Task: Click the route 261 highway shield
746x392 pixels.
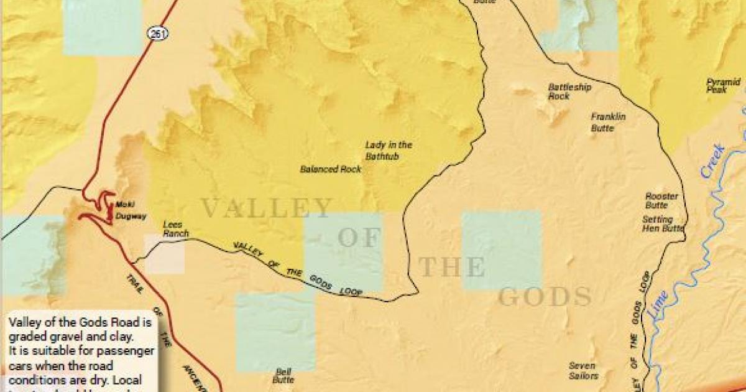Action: (x=158, y=34)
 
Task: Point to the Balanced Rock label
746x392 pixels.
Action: (x=331, y=169)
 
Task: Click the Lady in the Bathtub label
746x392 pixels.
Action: (x=381, y=151)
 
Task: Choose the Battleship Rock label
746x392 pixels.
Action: (x=569, y=91)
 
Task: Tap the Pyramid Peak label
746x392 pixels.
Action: (x=724, y=85)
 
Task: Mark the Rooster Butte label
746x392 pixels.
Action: (x=661, y=200)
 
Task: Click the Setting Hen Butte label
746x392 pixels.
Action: (x=662, y=224)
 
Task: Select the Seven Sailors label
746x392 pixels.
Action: (x=583, y=370)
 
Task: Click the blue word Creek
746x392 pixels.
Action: (x=712, y=161)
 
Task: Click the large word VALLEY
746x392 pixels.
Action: (x=267, y=208)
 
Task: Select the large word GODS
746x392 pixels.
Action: (x=545, y=297)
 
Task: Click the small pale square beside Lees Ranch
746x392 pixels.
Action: (x=165, y=254)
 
